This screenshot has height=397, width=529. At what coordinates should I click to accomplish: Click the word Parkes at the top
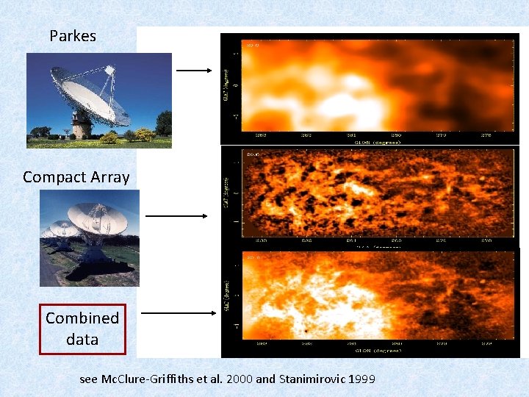[x=73, y=35]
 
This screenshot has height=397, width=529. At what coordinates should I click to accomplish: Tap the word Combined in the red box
[x=82, y=318]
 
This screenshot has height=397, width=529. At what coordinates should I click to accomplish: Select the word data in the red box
[x=82, y=340]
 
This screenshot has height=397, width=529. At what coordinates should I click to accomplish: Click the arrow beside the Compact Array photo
[x=176, y=216]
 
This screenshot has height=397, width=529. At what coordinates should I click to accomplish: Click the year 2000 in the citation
[x=238, y=379]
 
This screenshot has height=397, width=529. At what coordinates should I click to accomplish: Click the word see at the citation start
[x=88, y=379]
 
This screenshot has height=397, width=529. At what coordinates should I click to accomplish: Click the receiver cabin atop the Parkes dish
[x=111, y=71]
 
